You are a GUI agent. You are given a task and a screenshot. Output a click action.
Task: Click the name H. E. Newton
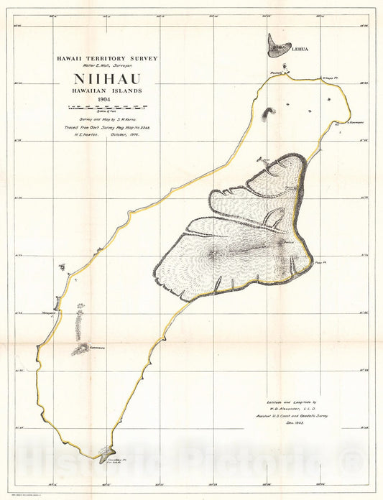78,134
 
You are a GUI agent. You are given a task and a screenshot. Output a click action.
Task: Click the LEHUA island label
299,50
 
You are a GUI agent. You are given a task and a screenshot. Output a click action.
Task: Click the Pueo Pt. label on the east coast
321,263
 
